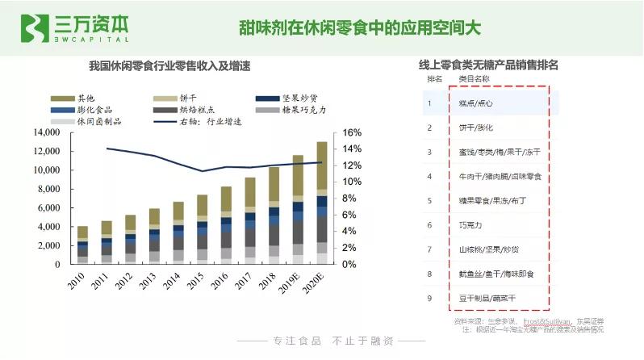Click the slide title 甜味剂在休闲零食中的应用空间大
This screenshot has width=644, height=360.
tap(359, 27)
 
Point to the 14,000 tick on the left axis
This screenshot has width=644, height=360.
tap(46, 132)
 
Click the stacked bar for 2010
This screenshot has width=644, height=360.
tap(82, 245)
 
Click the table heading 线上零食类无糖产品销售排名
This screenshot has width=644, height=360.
tap(488, 65)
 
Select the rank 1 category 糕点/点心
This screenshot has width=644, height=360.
tap(475, 103)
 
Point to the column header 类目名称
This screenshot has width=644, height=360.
tap(474, 80)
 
